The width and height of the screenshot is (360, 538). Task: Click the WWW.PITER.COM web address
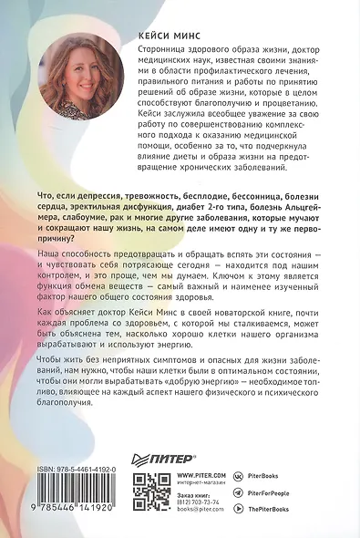pyautogui.click(x=201, y=475)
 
